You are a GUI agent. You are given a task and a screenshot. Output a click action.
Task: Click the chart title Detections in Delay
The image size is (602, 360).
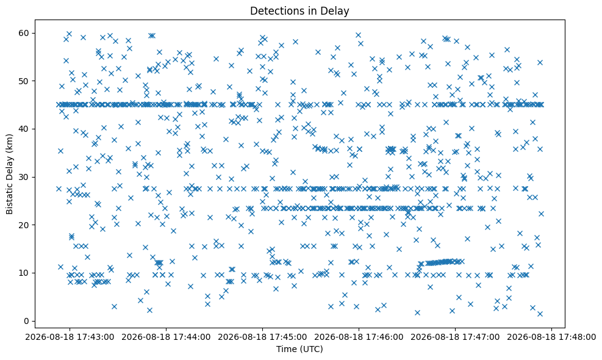pyautogui.click(x=299, y=11)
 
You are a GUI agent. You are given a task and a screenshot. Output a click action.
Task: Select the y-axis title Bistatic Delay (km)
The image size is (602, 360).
pyautogui.click(x=9, y=174)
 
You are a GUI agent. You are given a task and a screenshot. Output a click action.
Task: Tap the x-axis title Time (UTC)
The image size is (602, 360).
pyautogui.click(x=299, y=349)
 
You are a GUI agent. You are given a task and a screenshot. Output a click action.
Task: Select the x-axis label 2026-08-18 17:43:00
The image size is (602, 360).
pyautogui.click(x=70, y=337)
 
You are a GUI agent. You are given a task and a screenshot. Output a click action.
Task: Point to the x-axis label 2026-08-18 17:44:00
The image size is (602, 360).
pyautogui.click(x=167, y=337)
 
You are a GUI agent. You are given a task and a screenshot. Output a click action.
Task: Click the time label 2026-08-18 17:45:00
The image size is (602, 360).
pyautogui.click(x=263, y=337)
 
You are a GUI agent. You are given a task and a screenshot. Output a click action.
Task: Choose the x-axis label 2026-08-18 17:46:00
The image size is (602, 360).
pyautogui.click(x=359, y=337)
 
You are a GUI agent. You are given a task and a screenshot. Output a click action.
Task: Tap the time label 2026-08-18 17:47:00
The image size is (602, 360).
pyautogui.click(x=456, y=337)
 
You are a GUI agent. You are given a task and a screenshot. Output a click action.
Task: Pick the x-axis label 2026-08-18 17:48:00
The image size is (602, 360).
pyautogui.click(x=552, y=337)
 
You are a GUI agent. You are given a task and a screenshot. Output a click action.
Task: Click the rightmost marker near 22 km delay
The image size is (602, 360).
pyautogui.click(x=541, y=214)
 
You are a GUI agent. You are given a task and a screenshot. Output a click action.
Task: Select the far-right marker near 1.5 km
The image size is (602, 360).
pyautogui.click(x=540, y=314)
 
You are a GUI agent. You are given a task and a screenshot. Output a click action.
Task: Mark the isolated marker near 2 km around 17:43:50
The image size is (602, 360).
pyautogui.click(x=149, y=310)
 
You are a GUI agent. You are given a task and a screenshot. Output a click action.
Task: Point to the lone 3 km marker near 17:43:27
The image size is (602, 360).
pyautogui.click(x=114, y=306)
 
